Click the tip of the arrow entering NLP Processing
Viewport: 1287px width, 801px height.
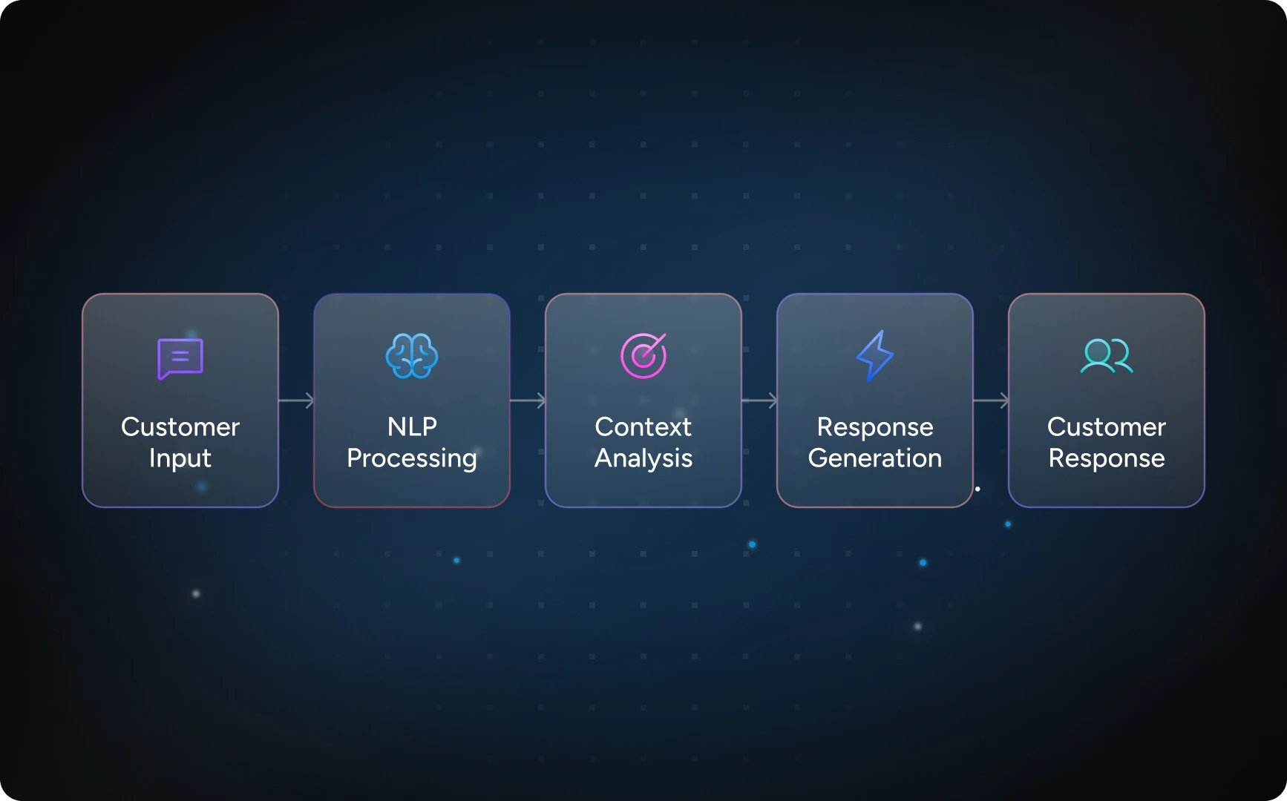point(314,400)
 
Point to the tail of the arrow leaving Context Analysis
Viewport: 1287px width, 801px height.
point(742,400)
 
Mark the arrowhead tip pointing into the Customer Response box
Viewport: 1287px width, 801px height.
point(1009,400)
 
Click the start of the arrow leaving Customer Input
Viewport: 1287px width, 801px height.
point(279,400)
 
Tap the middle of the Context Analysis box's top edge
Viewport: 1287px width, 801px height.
point(643,294)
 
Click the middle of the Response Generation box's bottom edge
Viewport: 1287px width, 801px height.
point(875,507)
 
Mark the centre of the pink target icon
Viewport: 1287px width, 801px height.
point(643,357)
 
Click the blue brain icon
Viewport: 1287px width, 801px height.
point(412,356)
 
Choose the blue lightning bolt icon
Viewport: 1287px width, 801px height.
point(875,356)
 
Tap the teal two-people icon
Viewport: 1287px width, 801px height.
point(1107,355)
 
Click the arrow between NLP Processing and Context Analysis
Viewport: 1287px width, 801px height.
point(528,400)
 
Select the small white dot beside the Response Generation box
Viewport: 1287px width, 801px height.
point(977,489)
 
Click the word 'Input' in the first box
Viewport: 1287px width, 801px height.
point(180,458)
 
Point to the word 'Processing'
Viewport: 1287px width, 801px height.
point(412,458)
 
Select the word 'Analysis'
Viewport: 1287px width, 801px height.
point(643,458)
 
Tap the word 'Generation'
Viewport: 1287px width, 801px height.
point(875,458)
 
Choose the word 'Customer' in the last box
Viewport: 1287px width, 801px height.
point(1107,427)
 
